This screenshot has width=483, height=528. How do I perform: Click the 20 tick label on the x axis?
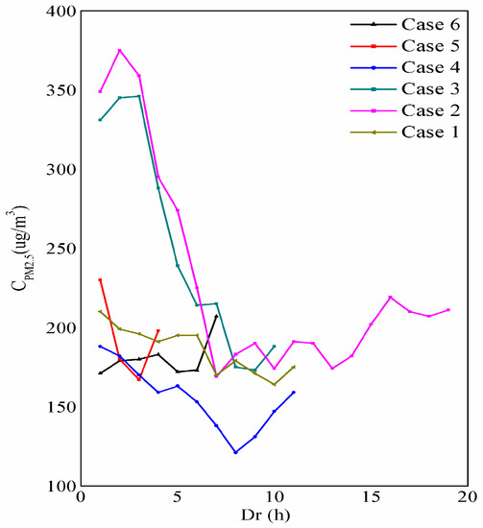(468, 499)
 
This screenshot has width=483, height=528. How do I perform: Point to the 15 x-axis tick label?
(371, 499)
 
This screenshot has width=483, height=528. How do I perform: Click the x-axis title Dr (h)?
(275, 516)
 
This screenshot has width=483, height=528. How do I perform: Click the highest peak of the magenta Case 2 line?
(119, 50)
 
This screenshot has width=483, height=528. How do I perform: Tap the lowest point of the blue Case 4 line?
(235, 452)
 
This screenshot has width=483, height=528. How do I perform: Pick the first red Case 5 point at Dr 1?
(100, 279)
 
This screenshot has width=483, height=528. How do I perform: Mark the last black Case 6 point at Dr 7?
(216, 316)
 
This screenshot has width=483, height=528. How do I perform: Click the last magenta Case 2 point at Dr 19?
(448, 309)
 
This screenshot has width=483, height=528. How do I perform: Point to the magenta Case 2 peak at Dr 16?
(390, 297)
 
